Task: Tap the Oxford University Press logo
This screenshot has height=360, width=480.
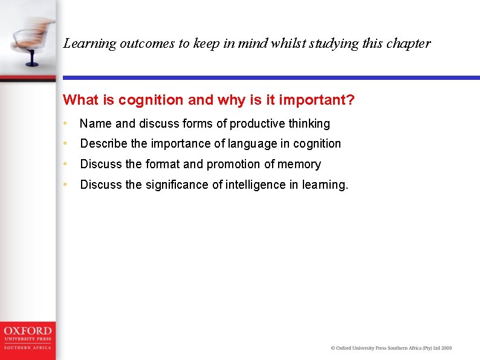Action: [27, 337]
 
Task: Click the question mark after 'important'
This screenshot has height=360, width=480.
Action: [351, 100]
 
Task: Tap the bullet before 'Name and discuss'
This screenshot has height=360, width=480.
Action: [65, 124]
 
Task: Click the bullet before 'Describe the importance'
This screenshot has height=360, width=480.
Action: [65, 144]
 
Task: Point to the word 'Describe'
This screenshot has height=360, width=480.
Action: [102, 144]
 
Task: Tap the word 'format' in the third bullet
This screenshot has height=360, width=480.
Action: [163, 164]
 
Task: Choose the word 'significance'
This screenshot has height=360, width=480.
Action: [177, 185]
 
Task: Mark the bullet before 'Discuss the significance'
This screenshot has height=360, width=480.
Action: [65, 185]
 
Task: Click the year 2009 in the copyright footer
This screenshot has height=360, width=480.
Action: [446, 348]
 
